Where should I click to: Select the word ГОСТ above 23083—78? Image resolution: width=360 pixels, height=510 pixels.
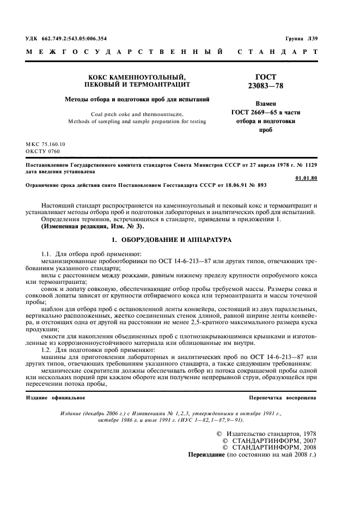click(266, 77)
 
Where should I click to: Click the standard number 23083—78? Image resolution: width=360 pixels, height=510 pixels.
click(266, 86)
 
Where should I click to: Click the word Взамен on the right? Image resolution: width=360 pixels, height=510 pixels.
click(266, 103)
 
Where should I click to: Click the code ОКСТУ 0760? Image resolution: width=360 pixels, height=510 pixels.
click(43, 151)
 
